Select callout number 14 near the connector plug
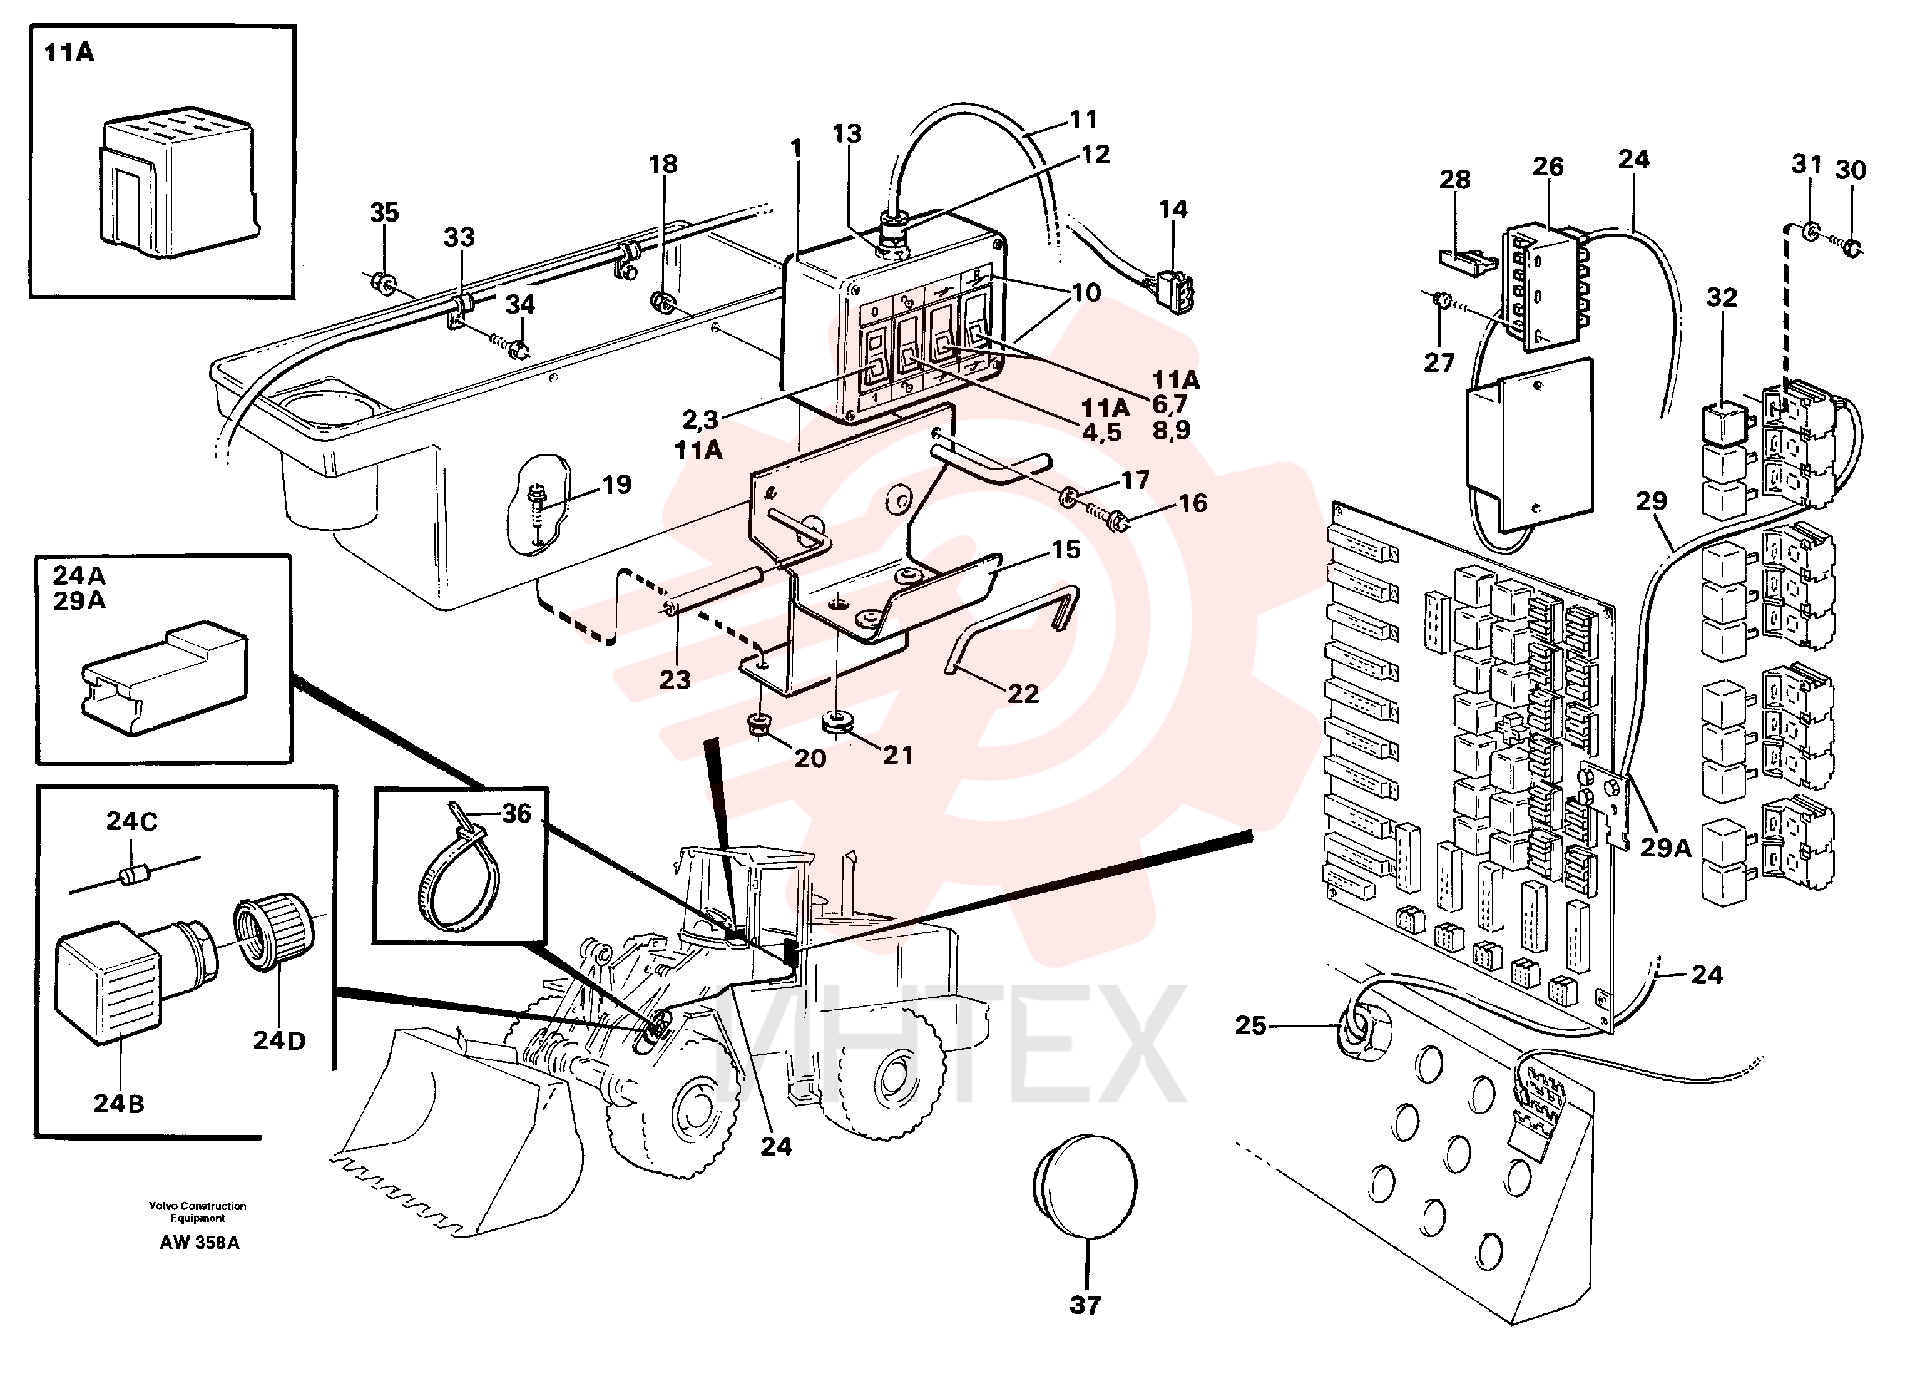(1173, 209)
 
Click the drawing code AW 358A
(200, 1243)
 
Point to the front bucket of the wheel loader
(457, 1126)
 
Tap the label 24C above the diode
(132, 821)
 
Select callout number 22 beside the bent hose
(1023, 693)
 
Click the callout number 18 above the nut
(663, 164)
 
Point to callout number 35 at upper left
(385, 212)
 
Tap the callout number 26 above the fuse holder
(1548, 167)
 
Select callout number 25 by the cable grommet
(1250, 1025)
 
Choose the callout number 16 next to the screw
(1193, 503)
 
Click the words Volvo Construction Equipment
(198, 1212)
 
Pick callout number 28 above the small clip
(1455, 179)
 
